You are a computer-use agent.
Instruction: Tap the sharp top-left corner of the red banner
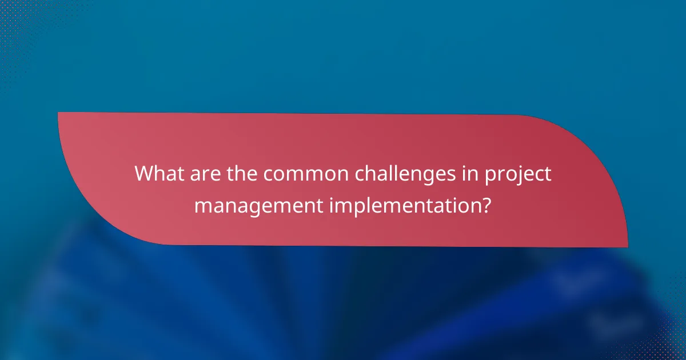[x=59, y=113]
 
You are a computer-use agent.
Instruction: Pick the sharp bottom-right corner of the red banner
[x=627, y=246]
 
